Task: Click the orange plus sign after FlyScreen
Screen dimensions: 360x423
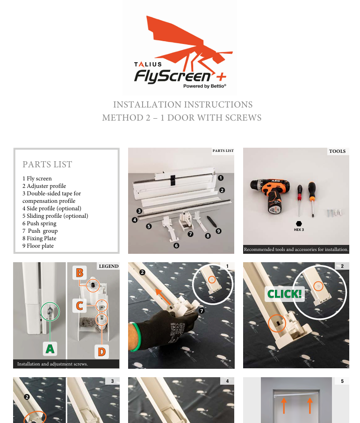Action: pyautogui.click(x=221, y=77)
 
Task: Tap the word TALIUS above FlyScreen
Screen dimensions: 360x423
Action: pyautogui.click(x=148, y=64)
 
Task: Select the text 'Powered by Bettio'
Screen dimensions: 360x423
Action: pyautogui.click(x=205, y=86)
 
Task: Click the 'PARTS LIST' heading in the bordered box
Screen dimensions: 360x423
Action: pyautogui.click(x=47, y=164)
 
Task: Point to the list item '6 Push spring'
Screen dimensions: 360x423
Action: pyautogui.click(x=39, y=223)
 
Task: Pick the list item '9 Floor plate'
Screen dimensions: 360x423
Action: pyautogui.click(x=38, y=246)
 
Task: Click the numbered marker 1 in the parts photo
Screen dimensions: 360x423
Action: pyautogui.click(x=221, y=178)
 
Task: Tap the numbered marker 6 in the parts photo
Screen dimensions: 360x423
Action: pyautogui.click(x=176, y=245)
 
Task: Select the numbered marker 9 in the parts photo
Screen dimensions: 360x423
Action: pyautogui.click(x=219, y=231)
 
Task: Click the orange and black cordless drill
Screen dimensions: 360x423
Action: pyautogui.click(x=270, y=195)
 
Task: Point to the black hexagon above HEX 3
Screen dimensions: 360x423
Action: pyautogui.click(x=299, y=223)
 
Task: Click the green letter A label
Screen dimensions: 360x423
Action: pyautogui.click(x=50, y=349)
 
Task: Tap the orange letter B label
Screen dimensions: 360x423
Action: pyautogui.click(x=79, y=273)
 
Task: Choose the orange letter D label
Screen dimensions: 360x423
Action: pyautogui.click(x=102, y=352)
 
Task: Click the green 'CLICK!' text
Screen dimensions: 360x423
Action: pyautogui.click(x=284, y=294)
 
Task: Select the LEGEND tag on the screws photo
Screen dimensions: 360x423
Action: pyautogui.click(x=108, y=266)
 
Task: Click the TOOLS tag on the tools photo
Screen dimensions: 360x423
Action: pyautogui.click(x=338, y=151)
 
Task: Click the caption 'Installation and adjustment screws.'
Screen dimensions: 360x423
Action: pyautogui.click(x=52, y=364)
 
